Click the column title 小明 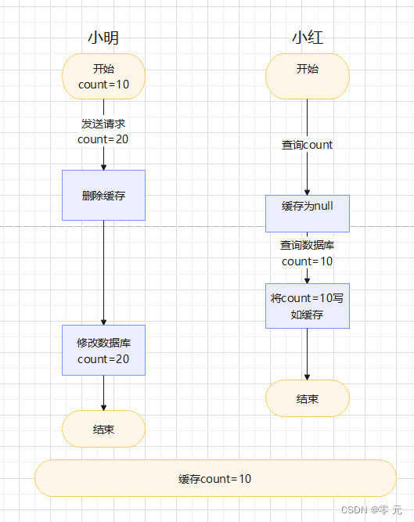[103, 38]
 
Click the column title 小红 [307, 38]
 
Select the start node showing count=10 [103, 76]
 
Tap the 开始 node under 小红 [307, 76]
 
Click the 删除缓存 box [103, 195]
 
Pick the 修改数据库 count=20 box [103, 351]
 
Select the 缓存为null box [307, 214]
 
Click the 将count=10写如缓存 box [307, 305]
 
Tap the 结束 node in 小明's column [103, 429]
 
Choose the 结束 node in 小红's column [307, 398]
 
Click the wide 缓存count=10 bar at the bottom [215, 478]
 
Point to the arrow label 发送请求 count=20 [103, 131]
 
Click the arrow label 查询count [307, 145]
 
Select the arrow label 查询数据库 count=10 [307, 253]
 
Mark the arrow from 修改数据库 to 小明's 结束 [103, 393]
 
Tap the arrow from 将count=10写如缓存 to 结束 [307, 354]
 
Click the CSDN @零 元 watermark [372, 509]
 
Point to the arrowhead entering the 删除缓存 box [103, 166]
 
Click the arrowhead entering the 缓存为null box [307, 191]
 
